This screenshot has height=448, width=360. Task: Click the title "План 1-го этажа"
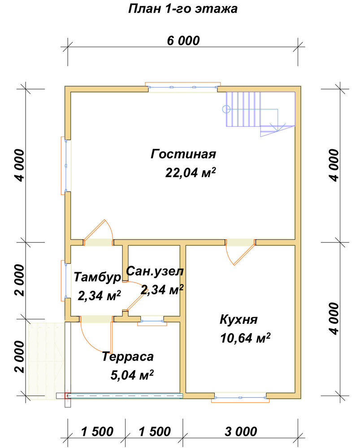183,9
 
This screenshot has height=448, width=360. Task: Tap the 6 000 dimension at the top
183,41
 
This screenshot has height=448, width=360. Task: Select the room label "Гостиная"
183,154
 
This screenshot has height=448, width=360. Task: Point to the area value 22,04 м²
190,172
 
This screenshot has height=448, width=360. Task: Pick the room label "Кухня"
239,319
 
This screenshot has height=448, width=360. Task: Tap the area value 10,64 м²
245,338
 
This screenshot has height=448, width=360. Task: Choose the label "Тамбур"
97,277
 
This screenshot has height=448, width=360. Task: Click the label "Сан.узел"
155,271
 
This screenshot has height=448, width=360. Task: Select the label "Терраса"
128,357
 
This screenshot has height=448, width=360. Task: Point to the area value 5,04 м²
132,375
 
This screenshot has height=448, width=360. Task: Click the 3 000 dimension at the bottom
241,432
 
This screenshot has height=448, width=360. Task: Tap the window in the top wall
183,87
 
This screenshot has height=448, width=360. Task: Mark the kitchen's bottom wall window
240,397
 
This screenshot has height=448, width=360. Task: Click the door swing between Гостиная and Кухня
239,253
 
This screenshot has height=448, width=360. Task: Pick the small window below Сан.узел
152,321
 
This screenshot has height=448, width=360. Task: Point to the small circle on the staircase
226,109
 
